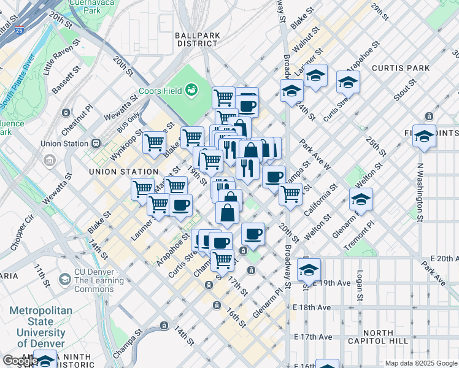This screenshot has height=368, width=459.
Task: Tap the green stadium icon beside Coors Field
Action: [191, 91]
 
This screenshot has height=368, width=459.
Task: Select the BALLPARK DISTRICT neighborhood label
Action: [198, 39]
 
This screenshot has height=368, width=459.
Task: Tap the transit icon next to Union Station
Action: [96, 144]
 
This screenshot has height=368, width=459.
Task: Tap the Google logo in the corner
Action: [20, 361]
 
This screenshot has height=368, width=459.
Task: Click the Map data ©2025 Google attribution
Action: [420, 363]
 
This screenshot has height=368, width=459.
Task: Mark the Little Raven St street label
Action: [62, 58]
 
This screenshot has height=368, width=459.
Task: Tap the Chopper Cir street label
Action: [24, 232]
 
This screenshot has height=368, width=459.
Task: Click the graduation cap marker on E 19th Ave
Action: [309, 269]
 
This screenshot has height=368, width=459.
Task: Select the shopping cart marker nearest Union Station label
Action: [154, 142]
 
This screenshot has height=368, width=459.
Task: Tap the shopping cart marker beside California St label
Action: [290, 193]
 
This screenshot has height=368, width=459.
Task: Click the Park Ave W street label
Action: [315, 155]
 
